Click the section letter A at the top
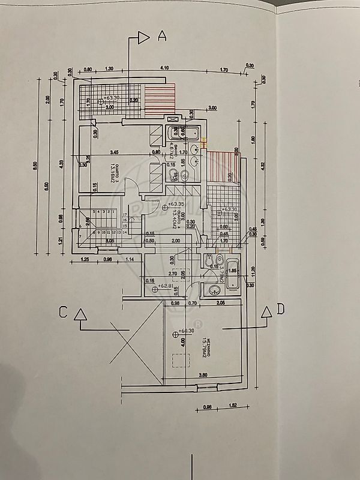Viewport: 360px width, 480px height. tap(161, 36)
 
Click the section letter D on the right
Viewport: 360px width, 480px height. tap(281, 311)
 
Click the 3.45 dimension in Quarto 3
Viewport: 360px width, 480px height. tap(115, 152)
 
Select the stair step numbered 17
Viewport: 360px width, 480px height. tap(124, 214)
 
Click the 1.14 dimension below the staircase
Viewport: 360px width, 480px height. tap(130, 259)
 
